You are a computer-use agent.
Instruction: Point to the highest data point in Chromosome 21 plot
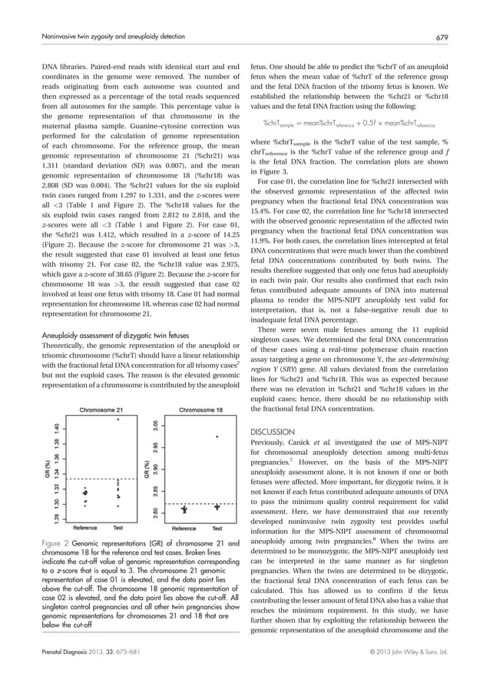point(118,420)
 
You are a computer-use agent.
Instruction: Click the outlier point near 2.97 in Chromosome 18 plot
point(217,436)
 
